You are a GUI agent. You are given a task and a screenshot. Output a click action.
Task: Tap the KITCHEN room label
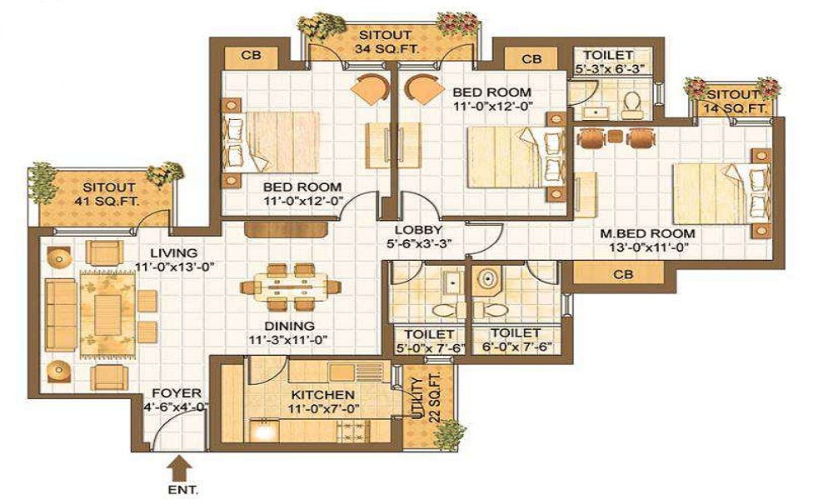(x=323, y=394)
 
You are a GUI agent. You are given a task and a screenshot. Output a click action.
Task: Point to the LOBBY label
(x=418, y=230)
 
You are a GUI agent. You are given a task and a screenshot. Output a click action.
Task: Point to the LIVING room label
(x=173, y=253)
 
